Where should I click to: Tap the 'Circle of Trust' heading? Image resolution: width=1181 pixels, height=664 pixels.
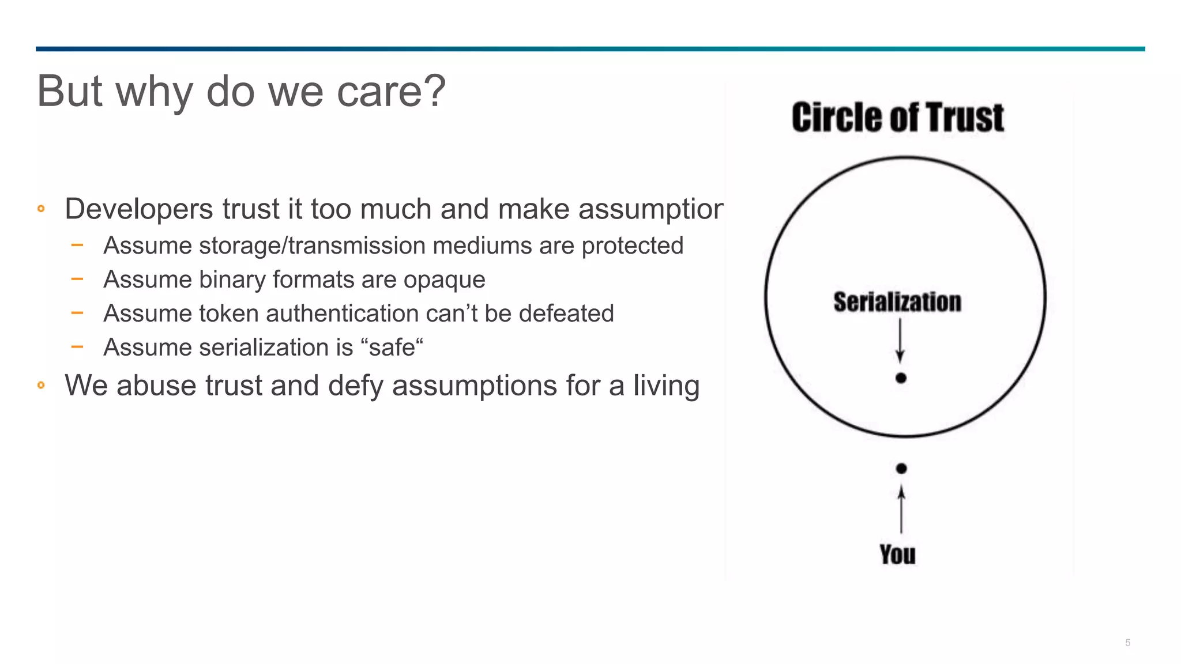[897, 118]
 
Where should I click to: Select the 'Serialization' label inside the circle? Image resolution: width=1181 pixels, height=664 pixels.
[897, 302]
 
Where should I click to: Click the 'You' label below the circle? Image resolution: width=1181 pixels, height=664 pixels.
[897, 554]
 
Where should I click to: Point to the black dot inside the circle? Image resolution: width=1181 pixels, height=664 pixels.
[901, 378]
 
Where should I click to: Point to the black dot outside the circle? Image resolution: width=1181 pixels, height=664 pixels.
[901, 469]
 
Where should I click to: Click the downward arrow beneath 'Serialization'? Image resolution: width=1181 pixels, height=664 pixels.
[900, 341]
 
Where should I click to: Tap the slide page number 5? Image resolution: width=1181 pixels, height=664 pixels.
[1127, 643]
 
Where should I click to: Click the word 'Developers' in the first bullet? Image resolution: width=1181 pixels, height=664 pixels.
[138, 209]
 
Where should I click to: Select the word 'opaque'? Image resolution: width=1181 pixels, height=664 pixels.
[444, 280]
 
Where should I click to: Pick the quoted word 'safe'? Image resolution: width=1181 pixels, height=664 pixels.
[392, 348]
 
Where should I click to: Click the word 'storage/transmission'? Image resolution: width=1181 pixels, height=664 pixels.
[311, 246]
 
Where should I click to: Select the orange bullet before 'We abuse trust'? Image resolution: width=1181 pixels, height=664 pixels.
[41, 385]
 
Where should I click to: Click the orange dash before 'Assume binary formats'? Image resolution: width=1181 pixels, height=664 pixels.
[77, 279]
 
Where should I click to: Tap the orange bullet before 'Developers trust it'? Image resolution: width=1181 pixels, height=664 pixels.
[41, 209]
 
